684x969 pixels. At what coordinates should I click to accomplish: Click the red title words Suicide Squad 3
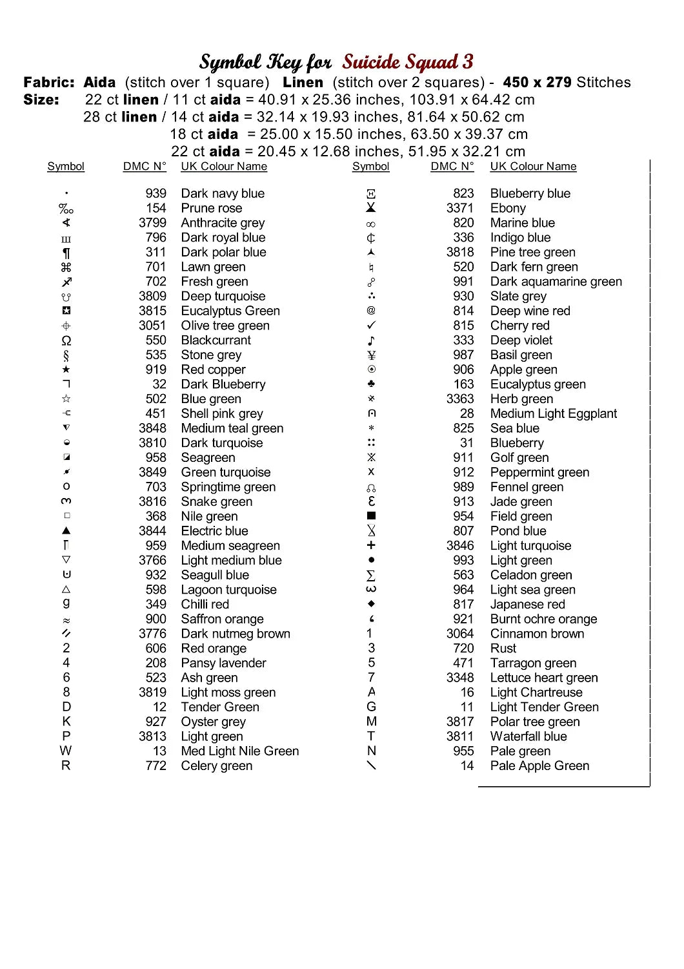pos(408,62)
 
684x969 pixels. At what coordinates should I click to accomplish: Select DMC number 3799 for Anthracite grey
pos(152,223)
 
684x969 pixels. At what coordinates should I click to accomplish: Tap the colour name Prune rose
pos(212,208)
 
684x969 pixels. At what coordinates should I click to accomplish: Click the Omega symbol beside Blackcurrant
pos(66,340)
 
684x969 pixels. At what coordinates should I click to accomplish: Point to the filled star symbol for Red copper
pos(66,370)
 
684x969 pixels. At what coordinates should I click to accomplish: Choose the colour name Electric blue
pos(214,531)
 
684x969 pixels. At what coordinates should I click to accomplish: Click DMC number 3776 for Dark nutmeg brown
pos(152,634)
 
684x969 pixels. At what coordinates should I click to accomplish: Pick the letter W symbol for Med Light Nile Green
pos(66,751)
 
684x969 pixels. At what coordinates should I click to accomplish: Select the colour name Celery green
pos(217,766)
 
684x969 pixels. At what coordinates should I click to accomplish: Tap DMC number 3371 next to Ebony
pos(460,208)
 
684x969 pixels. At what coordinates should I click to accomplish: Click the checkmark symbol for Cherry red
pos(371,326)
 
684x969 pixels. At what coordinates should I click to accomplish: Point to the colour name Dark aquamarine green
pos(556,282)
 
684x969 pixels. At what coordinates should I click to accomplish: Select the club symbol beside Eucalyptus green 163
pos(371,384)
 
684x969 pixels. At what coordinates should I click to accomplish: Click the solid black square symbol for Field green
pos(371,516)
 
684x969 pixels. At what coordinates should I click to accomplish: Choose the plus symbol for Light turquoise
pos(371,545)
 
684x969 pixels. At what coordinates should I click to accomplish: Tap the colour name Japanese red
pos(528,604)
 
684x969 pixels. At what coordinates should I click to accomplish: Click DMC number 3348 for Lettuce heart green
pos(460,678)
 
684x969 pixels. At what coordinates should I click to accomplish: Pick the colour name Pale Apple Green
pos(539,766)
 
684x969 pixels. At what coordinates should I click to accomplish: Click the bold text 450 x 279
pos(537,82)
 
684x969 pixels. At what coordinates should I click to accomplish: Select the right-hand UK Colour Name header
pos(533,166)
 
